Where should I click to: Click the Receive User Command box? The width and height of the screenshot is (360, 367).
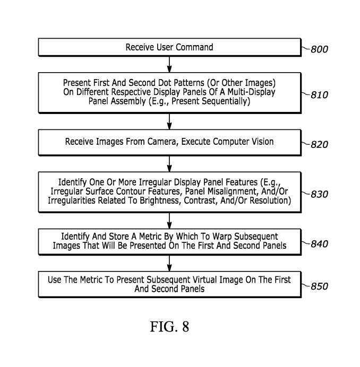click(169, 48)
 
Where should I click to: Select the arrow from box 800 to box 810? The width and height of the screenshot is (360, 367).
click(169, 64)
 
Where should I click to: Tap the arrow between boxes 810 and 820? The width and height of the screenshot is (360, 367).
click(169, 121)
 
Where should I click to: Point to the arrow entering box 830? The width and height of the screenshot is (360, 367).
click(169, 163)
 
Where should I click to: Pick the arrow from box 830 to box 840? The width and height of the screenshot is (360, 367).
click(169, 220)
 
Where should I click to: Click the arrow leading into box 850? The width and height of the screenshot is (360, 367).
click(169, 263)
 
